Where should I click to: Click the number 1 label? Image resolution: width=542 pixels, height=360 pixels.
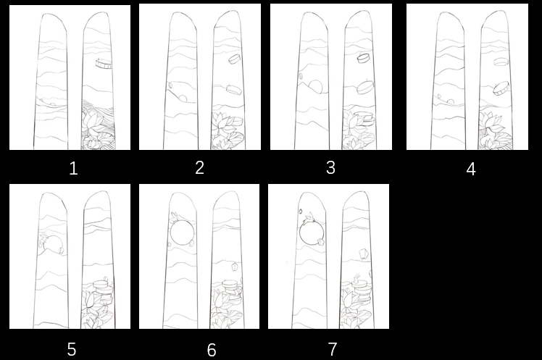click(73, 169)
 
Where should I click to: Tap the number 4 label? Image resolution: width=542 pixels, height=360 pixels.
click(471, 169)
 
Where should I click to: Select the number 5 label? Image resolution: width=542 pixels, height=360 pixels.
click(72, 350)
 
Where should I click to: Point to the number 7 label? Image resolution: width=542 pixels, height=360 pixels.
click(332, 349)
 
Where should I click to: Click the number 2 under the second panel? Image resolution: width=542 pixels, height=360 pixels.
click(200, 167)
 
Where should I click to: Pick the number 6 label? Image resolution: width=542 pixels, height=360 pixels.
click(212, 350)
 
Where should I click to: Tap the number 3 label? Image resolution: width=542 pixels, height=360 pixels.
click(331, 167)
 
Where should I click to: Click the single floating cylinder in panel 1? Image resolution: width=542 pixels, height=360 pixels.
click(104, 64)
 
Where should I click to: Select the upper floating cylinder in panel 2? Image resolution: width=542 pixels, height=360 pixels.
click(234, 59)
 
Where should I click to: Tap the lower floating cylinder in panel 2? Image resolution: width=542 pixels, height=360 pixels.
click(234, 89)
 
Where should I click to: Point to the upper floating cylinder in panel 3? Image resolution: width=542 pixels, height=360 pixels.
click(364, 58)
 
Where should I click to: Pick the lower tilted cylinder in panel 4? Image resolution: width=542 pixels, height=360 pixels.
click(501, 89)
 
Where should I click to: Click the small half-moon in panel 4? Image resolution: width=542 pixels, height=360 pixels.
click(450, 102)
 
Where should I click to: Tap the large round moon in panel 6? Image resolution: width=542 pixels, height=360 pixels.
click(181, 233)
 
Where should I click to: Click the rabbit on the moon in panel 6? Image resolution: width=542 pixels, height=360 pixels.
click(174, 217)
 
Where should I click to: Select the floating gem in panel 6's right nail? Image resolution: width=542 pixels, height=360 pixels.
click(235, 267)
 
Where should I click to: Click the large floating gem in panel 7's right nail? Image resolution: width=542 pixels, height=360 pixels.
click(363, 254)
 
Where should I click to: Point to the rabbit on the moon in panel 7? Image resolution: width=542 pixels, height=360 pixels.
click(309, 218)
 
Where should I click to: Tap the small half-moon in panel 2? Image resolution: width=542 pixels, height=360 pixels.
click(183, 99)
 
